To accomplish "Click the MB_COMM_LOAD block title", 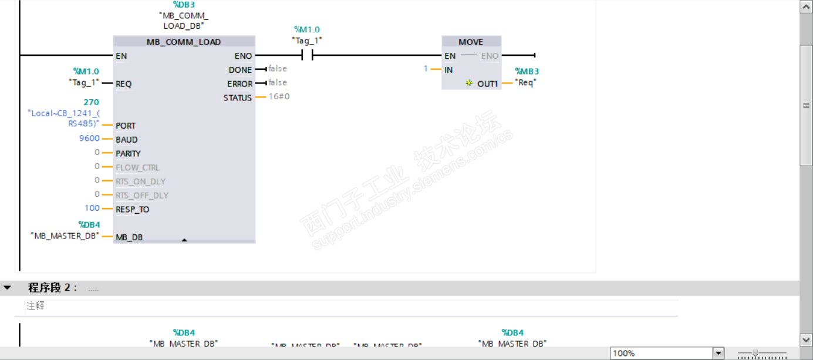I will (184, 42).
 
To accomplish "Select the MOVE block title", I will (471, 42).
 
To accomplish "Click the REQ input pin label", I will (123, 84).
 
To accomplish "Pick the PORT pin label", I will (126, 126).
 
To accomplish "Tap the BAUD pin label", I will (127, 140).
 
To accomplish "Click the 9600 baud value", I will (89, 139).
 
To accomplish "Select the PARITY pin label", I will (128, 154).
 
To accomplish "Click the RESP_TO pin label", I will (132, 209).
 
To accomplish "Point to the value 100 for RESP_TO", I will (92, 208).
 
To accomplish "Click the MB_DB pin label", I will (129, 237).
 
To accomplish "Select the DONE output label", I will (240, 70).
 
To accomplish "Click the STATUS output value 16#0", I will (279, 96).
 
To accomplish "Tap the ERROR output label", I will (239, 84).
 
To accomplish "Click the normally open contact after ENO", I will (307, 56).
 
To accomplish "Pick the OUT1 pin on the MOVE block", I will (487, 84).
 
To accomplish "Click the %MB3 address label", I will (527, 72).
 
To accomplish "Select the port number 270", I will (91, 102).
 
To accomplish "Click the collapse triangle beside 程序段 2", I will (8, 288).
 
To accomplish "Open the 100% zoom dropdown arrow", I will (718, 353).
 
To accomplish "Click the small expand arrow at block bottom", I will (184, 240).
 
